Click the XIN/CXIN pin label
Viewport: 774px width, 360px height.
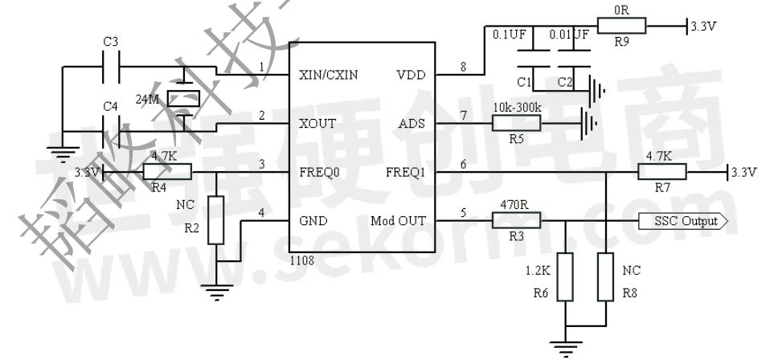[x=328, y=75]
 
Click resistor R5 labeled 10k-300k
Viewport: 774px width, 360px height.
[x=516, y=123]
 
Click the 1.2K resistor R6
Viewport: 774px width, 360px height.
[x=566, y=277]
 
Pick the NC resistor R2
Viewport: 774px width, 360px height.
[x=215, y=220]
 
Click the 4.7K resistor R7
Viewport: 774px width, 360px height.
[x=661, y=171]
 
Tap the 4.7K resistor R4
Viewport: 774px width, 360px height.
[x=167, y=171]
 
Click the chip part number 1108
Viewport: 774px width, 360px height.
[x=302, y=260]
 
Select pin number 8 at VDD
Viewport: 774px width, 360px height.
[x=463, y=67]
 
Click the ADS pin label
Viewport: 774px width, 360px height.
[x=410, y=124]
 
